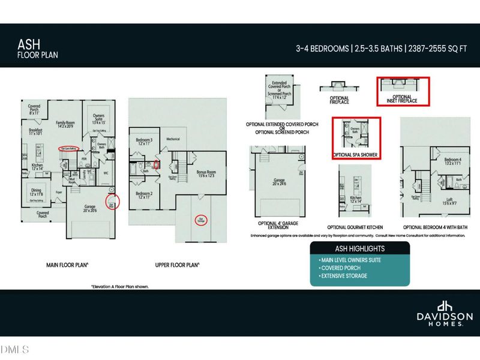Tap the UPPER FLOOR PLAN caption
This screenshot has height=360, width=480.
tap(174, 265)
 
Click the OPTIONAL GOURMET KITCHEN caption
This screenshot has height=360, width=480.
tap(355, 227)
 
